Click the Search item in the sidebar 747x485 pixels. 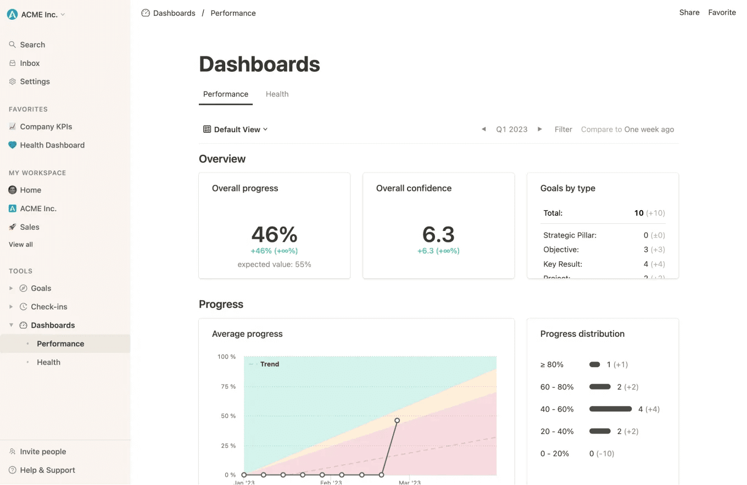pyautogui.click(x=32, y=45)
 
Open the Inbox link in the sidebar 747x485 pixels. pyautogui.click(x=30, y=63)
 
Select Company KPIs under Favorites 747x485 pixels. pyautogui.click(x=46, y=127)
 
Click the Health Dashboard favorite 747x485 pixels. pyautogui.click(x=52, y=145)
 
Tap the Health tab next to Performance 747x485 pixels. pyautogui.click(x=277, y=94)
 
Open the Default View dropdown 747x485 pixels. pyautogui.click(x=236, y=129)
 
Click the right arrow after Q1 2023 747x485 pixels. pyautogui.click(x=539, y=129)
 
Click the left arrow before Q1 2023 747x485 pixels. pyautogui.click(x=483, y=129)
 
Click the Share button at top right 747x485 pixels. pyautogui.click(x=689, y=13)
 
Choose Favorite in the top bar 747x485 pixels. pyautogui.click(x=722, y=13)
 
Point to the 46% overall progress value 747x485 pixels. pyautogui.click(x=274, y=234)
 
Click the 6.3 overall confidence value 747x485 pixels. pyautogui.click(x=438, y=234)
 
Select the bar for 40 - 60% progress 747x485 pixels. pyautogui.click(x=610, y=409)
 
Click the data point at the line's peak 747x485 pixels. pyautogui.click(x=397, y=421)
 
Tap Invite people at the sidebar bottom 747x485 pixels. pyautogui.click(x=43, y=452)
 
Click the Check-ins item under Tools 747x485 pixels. pyautogui.click(x=49, y=307)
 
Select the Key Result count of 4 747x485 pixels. pyautogui.click(x=646, y=264)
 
